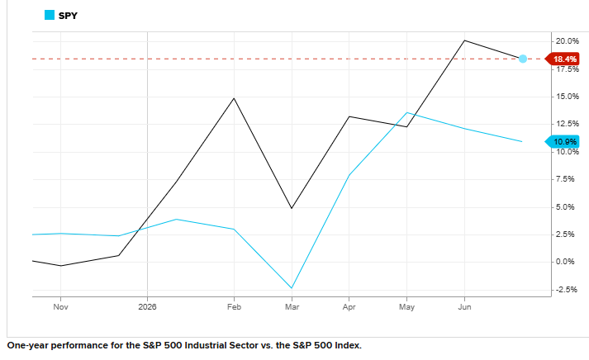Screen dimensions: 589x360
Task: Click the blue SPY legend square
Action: click(50, 15)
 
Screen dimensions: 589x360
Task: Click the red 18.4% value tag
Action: click(562, 59)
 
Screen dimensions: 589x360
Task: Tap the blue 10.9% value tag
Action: click(562, 141)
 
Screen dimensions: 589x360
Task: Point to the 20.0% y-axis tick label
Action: click(568, 41)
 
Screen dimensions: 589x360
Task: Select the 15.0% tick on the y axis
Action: click(568, 97)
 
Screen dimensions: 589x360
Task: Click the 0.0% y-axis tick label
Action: click(565, 262)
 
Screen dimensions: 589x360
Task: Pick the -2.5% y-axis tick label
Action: click(566, 290)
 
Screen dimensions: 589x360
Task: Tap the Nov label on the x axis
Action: click(60, 306)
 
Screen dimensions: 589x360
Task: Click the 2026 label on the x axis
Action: click(147, 306)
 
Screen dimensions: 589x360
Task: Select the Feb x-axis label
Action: click(234, 306)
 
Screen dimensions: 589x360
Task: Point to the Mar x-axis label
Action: click(292, 306)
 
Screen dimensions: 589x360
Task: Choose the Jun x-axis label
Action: click(464, 306)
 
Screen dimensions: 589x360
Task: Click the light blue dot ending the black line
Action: click(523, 59)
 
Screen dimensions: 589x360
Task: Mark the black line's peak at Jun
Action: click(464, 40)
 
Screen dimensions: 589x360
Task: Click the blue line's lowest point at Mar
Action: click(292, 288)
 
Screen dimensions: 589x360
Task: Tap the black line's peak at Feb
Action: click(234, 98)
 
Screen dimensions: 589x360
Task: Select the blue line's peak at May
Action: click(406, 112)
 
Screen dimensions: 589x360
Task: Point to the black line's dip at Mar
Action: click(292, 208)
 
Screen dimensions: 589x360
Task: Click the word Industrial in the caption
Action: click(207, 345)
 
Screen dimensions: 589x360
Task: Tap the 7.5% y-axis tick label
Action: click(565, 179)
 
